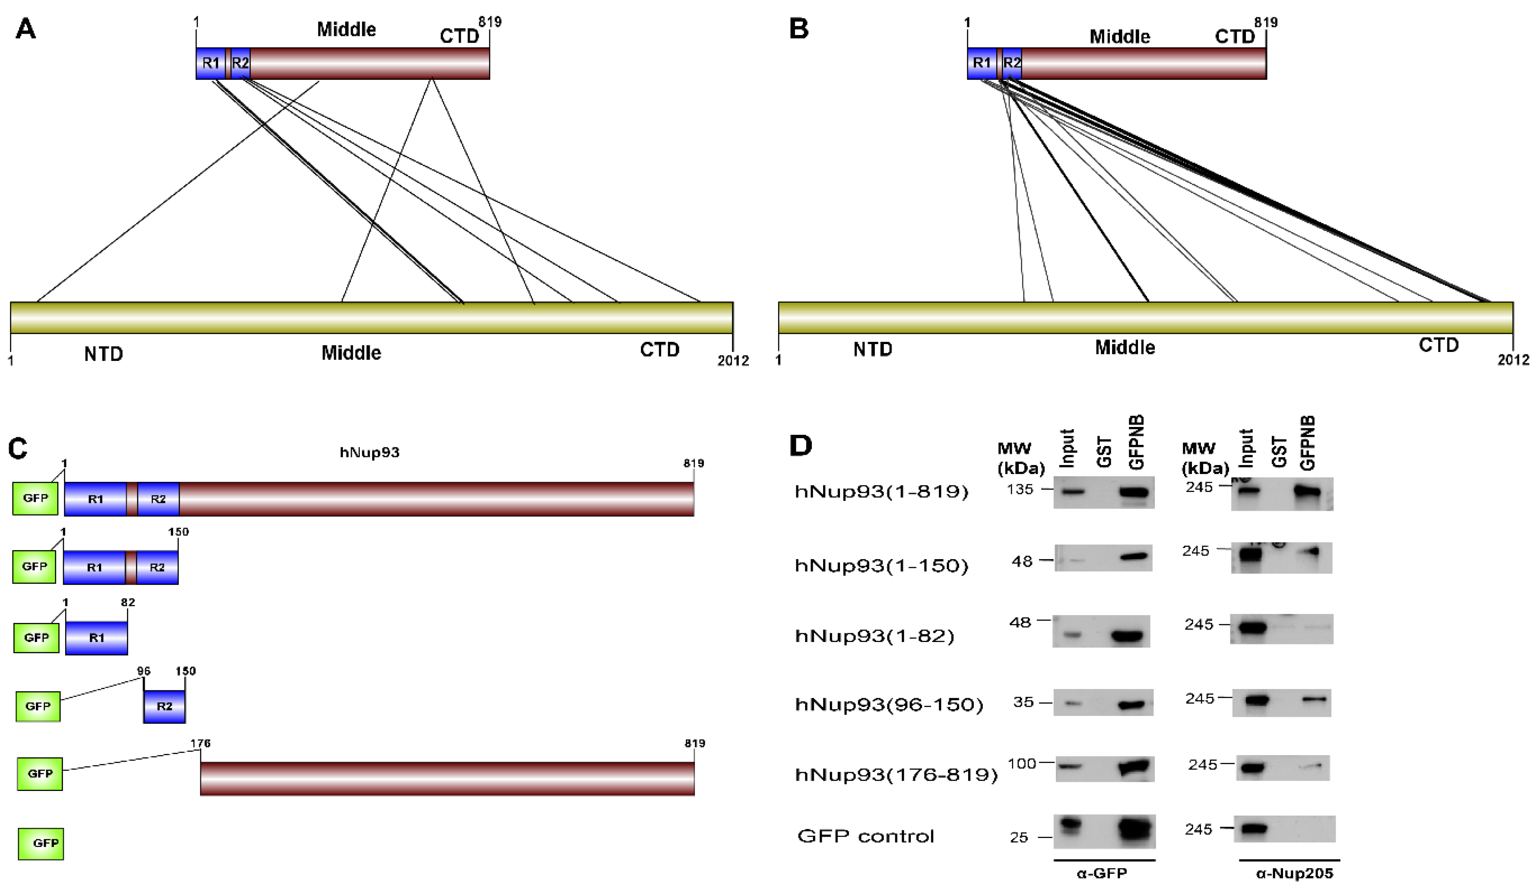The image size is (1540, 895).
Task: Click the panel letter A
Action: pos(25,29)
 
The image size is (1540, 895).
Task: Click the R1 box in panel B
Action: pos(982,63)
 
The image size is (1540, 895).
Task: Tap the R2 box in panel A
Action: pos(241,63)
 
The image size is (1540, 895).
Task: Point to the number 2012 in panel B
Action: pos(1513,360)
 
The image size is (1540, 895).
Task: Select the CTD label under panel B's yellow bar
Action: pos(1438,345)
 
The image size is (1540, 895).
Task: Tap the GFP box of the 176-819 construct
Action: pos(40,773)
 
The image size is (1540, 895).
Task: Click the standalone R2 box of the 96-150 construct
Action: pos(165,706)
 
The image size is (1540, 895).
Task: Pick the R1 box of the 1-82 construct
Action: pos(97,638)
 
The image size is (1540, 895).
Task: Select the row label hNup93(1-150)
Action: pos(881,566)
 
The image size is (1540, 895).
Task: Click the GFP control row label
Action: pos(865,836)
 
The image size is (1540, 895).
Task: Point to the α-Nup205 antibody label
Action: pos(1294,873)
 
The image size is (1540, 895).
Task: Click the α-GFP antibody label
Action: pos(1102,873)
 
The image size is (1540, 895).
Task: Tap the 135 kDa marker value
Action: pos(1020,489)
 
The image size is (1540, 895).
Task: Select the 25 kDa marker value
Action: pos(1019,838)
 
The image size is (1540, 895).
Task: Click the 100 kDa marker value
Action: pos(1022,763)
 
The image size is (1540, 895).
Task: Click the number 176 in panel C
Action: pos(200,743)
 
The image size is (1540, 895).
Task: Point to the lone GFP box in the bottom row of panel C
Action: pos(41,844)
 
